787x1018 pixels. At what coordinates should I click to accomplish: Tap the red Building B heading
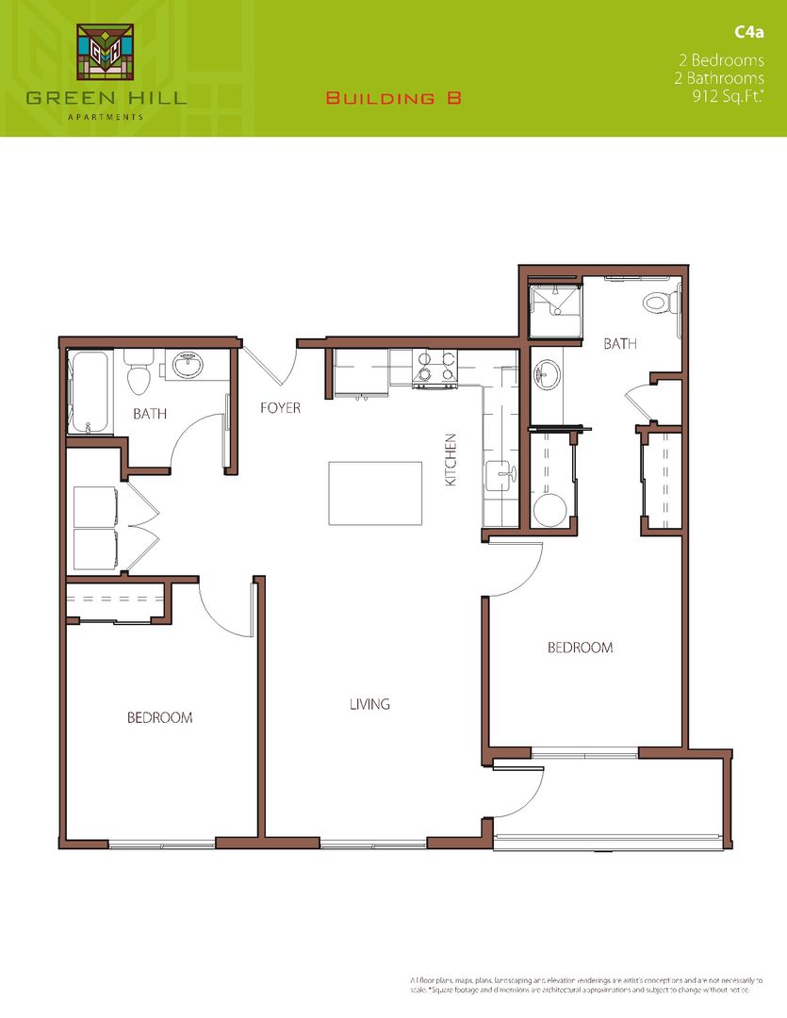[x=394, y=98]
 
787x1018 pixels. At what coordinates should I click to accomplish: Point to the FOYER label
[x=281, y=408]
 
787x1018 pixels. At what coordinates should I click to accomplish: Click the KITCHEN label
[x=451, y=460]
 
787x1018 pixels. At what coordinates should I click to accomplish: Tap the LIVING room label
[x=369, y=704]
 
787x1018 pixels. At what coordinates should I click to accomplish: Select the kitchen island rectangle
[x=375, y=493]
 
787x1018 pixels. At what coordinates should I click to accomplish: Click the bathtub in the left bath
[x=90, y=391]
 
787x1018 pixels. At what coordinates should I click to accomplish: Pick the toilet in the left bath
[x=139, y=373]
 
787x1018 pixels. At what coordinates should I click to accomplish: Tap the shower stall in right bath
[x=555, y=311]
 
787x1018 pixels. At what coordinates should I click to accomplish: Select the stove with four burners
[x=436, y=369]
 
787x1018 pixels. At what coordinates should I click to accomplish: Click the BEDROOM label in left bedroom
[x=160, y=718]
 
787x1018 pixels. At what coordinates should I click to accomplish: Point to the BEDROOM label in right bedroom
[x=581, y=649]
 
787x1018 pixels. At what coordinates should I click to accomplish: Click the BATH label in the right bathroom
[x=620, y=344]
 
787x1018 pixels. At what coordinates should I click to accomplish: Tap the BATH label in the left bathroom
[x=150, y=413]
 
